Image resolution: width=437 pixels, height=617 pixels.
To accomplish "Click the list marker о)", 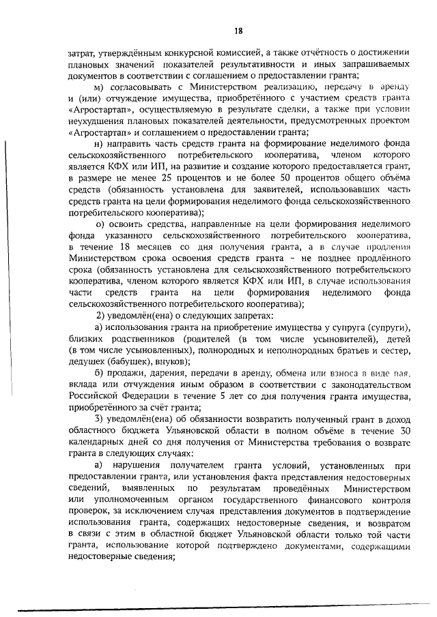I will (100, 224).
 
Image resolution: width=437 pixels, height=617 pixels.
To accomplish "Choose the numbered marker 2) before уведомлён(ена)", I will (100, 317).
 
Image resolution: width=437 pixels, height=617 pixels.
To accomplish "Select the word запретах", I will (251, 317).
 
